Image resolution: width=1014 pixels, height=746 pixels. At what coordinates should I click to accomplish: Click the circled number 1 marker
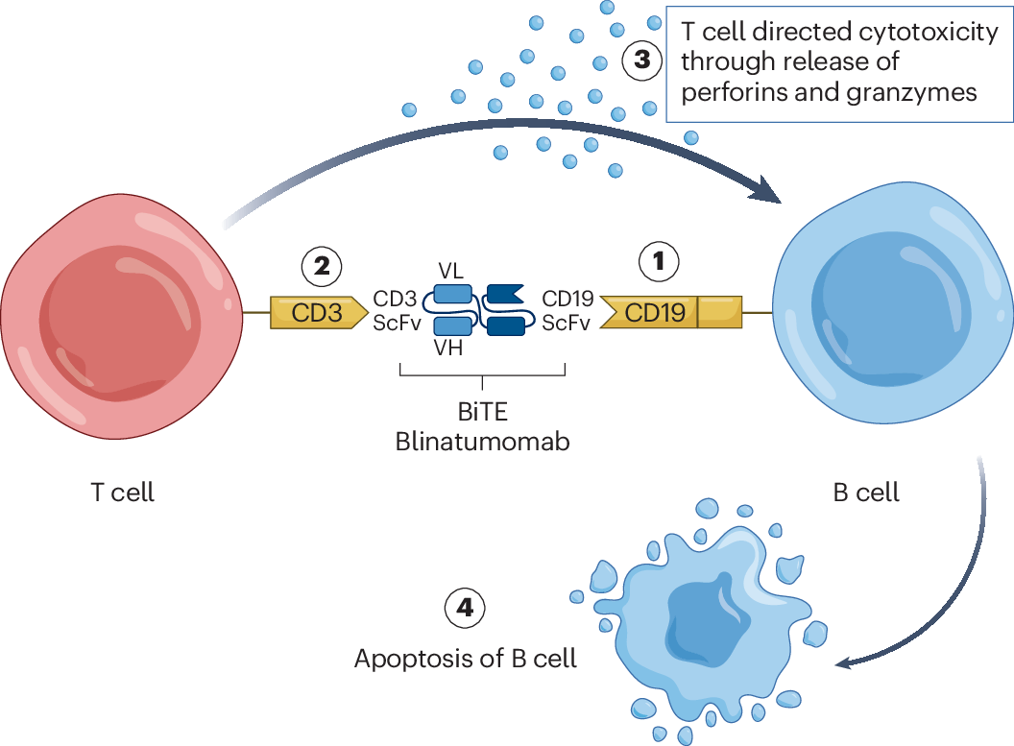tap(660, 261)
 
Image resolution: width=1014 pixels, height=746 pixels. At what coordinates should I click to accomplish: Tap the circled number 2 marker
tap(322, 263)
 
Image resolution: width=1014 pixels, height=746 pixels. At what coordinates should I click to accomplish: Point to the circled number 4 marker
tap(465, 607)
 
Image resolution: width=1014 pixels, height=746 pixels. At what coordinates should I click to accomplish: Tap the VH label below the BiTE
tap(447, 349)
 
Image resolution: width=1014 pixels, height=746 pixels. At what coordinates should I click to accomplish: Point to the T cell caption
tap(122, 493)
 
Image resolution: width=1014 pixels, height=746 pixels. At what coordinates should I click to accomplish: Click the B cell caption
tap(867, 493)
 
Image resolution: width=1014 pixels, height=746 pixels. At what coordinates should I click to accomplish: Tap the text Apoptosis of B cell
tap(466, 660)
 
